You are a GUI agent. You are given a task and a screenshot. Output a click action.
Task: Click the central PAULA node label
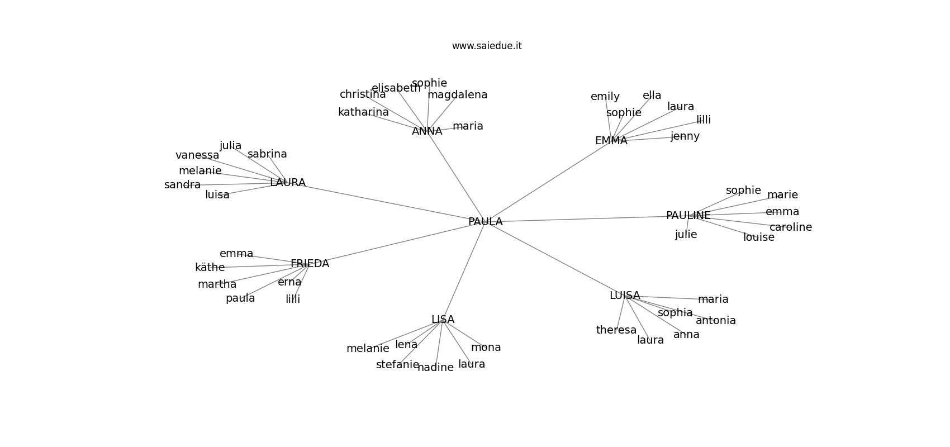point(485,221)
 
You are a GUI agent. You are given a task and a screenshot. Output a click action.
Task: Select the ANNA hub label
point(426,131)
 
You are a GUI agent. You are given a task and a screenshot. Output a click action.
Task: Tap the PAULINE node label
point(688,216)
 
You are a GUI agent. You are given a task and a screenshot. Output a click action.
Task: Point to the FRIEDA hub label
point(310,263)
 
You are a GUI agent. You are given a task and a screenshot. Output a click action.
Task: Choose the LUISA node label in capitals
point(625,295)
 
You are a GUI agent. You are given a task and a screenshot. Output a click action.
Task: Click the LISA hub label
point(443,320)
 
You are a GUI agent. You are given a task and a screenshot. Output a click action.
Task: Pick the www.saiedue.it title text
point(486,46)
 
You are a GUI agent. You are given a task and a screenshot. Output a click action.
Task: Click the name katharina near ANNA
point(363,112)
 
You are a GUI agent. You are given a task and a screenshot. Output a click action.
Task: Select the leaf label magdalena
point(457,95)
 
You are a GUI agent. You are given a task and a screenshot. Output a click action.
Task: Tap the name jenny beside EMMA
point(685,136)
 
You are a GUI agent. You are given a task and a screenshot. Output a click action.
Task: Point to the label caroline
point(791,227)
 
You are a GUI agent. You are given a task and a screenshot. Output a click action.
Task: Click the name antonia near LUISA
point(715,321)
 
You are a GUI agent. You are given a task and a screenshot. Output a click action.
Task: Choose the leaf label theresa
point(616,330)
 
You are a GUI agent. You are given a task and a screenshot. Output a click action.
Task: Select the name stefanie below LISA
point(397,365)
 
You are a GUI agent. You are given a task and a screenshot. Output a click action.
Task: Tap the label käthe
point(210,267)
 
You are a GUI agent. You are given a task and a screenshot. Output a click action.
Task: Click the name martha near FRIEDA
point(217,284)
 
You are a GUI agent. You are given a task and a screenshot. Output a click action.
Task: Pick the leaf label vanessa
point(197,155)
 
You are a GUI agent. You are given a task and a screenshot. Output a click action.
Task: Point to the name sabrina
point(267,154)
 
